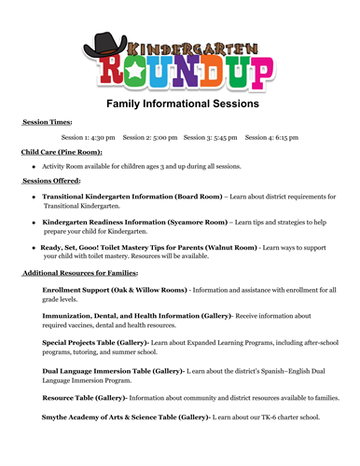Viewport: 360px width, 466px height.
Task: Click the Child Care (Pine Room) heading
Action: click(62, 152)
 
